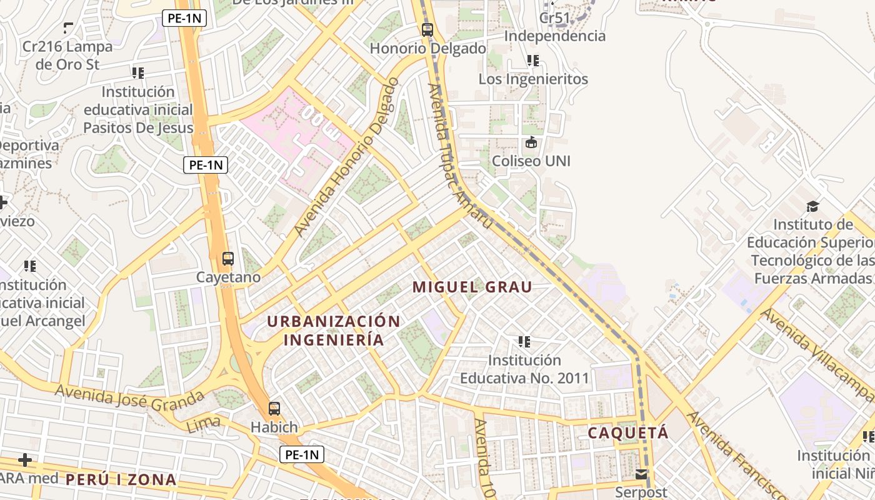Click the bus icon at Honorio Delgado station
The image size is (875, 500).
pos(427,29)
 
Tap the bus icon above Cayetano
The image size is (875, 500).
pos(228,258)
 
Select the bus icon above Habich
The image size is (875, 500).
pos(274,409)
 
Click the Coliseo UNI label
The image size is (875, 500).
pos(531,161)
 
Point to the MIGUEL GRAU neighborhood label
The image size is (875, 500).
pos(472,287)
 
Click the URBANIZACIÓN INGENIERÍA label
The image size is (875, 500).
pos(334,331)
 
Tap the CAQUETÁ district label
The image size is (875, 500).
pos(628,432)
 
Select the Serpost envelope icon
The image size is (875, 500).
pos(642,474)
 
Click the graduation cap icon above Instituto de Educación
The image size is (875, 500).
pos(812,206)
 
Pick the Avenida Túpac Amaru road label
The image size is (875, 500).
pos(460,156)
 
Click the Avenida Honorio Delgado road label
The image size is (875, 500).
pos(346,157)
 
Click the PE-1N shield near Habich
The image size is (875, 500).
pos(301,454)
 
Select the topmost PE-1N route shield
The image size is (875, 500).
pos(184,18)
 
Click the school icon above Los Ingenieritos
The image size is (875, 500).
pos(532,61)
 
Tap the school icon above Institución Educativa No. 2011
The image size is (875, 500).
pos(524,342)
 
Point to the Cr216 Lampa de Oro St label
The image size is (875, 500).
pos(67,55)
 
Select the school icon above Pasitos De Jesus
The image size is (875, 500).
pos(138,73)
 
